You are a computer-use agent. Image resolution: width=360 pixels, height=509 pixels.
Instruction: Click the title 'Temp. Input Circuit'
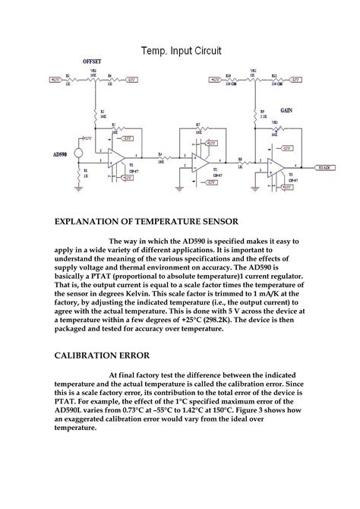(x=180, y=51)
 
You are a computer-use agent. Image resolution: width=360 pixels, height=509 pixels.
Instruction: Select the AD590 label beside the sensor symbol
(x=62, y=154)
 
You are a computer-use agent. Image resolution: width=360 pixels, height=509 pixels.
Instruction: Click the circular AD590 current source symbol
(x=78, y=152)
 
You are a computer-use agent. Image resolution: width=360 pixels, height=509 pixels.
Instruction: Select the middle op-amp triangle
(x=199, y=162)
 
